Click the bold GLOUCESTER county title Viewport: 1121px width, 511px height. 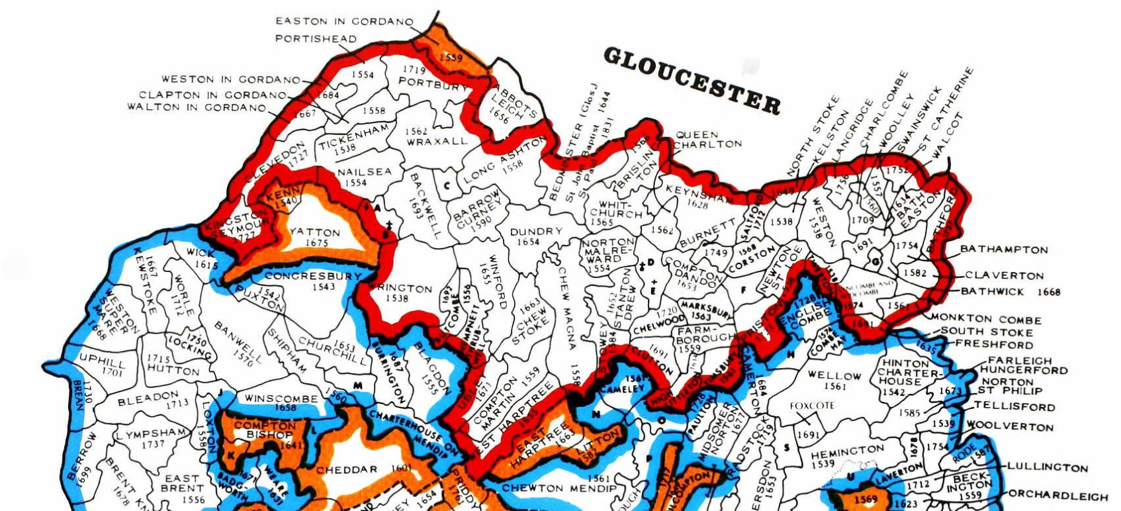692,81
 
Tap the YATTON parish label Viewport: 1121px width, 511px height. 315,232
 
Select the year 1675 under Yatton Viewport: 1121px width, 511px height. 317,243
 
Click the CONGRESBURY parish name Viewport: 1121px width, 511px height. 313,276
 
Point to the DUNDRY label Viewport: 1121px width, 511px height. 536,231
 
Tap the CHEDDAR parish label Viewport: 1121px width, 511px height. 347,470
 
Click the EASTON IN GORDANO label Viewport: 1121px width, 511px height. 344,21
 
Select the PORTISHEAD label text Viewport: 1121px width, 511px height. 316,38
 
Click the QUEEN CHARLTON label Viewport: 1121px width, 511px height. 707,139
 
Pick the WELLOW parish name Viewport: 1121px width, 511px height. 834,375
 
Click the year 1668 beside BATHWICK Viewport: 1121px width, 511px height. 1049,291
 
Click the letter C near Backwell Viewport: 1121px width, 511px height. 447,186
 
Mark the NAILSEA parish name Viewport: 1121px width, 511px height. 364,171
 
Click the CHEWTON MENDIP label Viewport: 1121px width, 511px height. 559,488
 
